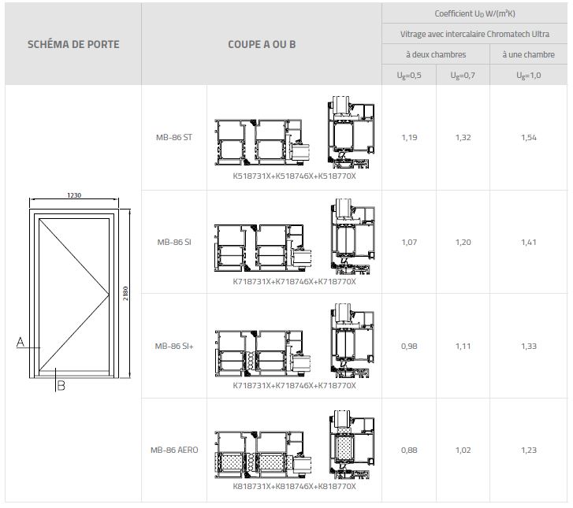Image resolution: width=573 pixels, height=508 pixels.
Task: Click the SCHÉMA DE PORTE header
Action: [73, 44]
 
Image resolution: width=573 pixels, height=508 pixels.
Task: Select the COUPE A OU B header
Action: [262, 44]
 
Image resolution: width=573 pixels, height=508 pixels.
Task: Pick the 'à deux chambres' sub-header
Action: [436, 54]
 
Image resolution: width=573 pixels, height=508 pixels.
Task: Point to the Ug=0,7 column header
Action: [463, 76]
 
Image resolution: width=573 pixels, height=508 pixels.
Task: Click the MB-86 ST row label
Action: [174, 137]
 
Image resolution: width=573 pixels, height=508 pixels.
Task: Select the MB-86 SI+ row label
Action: [174, 345]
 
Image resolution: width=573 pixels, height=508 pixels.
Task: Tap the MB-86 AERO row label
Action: [174, 450]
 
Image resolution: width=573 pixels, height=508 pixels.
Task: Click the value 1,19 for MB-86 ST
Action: [409, 137]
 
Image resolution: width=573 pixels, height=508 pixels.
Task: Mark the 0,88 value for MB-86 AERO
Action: [409, 450]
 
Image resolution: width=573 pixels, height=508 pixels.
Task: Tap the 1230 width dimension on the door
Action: [74, 195]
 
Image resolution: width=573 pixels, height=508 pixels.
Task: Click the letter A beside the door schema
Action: [20, 342]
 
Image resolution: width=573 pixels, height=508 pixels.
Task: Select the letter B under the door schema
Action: [61, 385]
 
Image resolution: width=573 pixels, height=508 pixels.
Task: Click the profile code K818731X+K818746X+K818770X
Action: [295, 487]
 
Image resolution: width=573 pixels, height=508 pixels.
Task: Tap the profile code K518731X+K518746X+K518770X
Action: [295, 176]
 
